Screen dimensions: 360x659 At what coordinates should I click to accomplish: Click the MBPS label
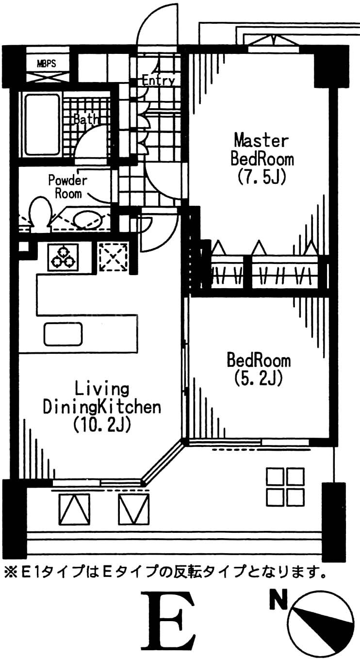47,63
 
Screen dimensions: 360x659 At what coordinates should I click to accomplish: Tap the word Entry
158,81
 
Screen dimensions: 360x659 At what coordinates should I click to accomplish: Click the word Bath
85,119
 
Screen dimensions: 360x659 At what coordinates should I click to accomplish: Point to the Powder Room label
67,187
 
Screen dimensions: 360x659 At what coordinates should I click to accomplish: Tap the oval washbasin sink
88,219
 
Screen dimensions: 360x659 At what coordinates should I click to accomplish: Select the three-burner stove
63,257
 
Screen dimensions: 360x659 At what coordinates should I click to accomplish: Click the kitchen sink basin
63,333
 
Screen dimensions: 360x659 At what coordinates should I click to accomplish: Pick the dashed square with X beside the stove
113,257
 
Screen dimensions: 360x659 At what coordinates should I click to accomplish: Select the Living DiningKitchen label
102,398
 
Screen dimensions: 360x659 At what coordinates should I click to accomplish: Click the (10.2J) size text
102,425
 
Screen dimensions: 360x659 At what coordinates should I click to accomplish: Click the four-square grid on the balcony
285,486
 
